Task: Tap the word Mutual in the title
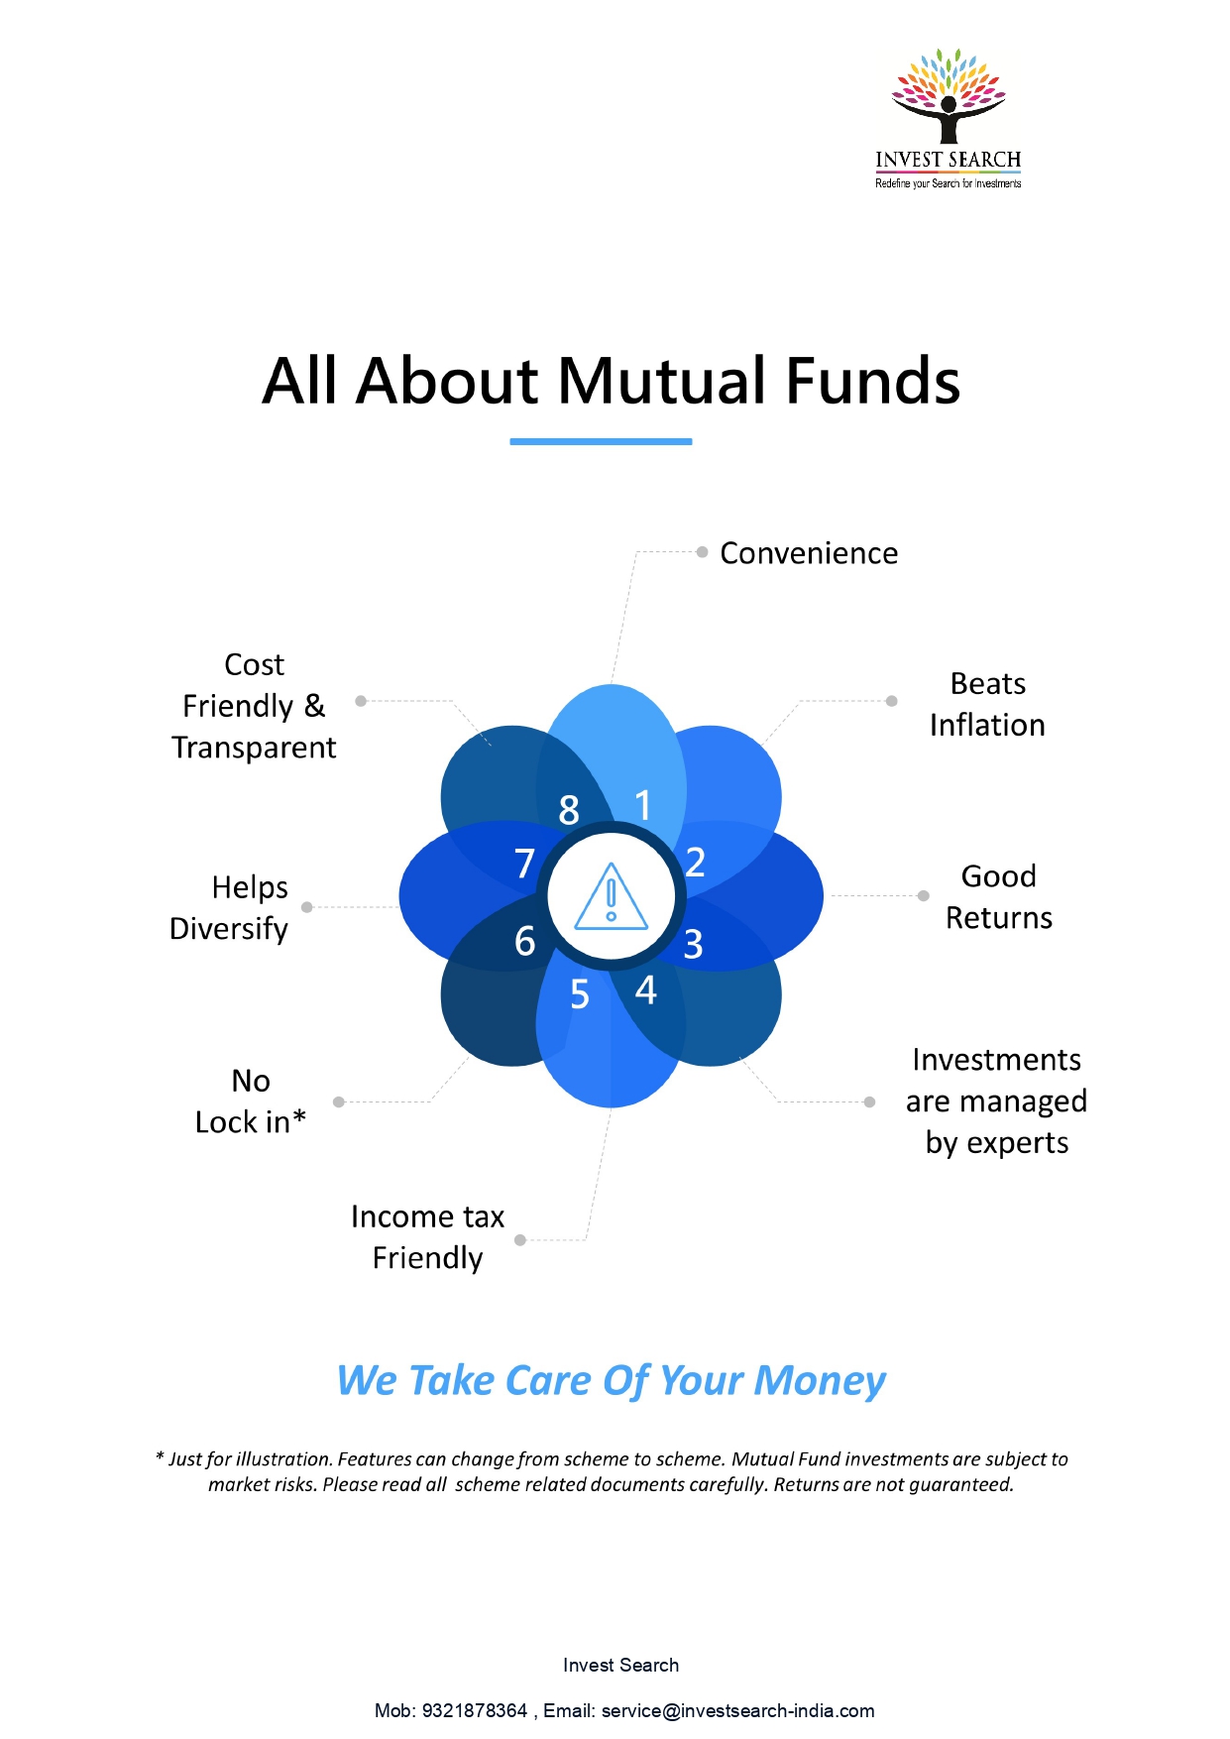tap(661, 381)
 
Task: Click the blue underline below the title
tap(601, 441)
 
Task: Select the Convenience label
tap(809, 553)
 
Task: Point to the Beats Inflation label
tap(987, 705)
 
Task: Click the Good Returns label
tap(999, 897)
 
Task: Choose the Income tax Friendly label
tap(428, 1237)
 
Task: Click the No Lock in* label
tap(251, 1101)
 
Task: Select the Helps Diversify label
tap(229, 908)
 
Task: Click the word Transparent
tap(254, 748)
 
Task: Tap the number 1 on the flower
tap(643, 805)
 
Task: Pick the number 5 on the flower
tap(580, 994)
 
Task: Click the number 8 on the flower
tap(569, 810)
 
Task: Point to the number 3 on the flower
tap(693, 945)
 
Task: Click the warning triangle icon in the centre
tap(612, 896)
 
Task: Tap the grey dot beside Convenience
tap(702, 552)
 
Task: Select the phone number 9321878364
tap(475, 1710)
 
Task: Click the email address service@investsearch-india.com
tap(738, 1710)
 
